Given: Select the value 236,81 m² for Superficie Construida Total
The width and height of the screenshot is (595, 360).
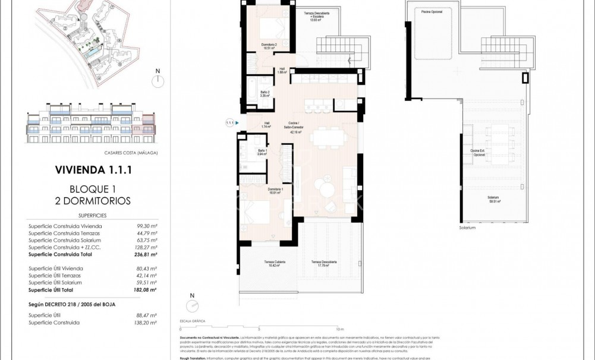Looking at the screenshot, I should coord(144,254).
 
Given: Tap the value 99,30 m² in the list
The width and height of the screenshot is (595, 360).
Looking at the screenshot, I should coord(146,226).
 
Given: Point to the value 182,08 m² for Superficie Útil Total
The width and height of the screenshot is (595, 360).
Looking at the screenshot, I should coord(144,290).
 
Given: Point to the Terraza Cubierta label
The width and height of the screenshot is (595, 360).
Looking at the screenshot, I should coord(274,264).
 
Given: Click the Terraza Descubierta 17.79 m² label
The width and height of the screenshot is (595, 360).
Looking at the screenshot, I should coord(325,264).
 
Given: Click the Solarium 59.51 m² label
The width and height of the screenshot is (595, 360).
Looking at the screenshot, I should coord(493,199).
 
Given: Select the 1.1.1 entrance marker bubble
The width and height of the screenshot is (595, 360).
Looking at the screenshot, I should coord(230,123).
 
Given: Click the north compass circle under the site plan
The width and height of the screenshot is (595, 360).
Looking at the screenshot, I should coord(158,81).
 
